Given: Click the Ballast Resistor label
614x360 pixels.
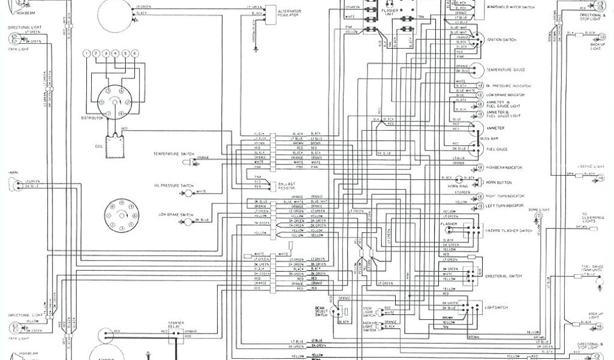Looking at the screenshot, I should [x=285, y=186].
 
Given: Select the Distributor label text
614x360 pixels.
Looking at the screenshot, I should [x=93, y=118].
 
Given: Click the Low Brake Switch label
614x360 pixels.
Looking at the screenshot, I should [x=176, y=214].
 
